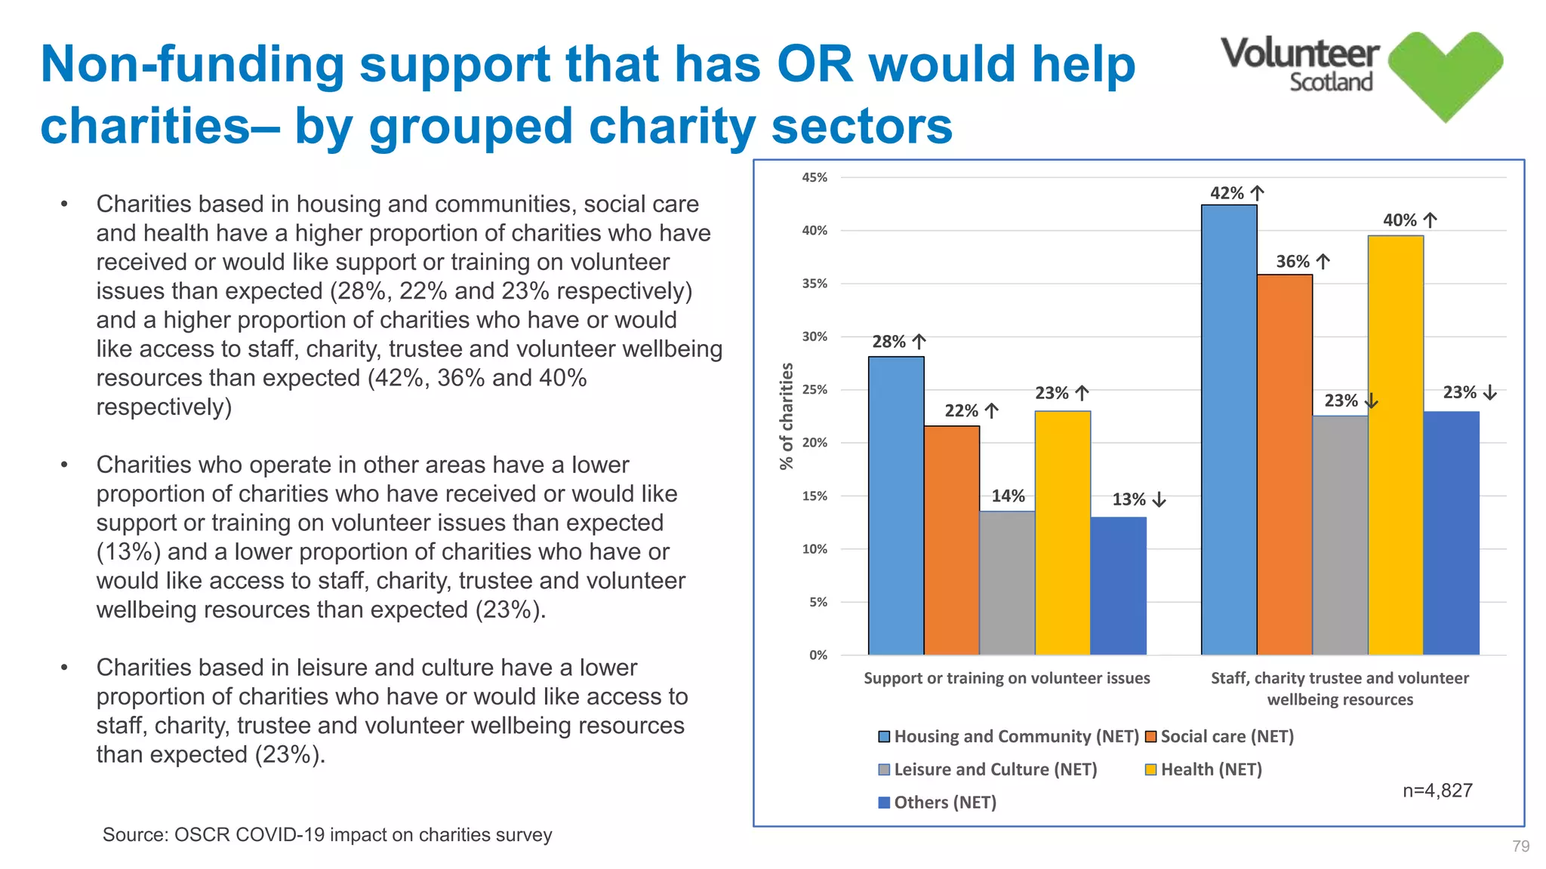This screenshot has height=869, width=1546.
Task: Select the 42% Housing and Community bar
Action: pos(1229,430)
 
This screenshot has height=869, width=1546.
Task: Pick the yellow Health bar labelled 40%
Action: pos(1396,445)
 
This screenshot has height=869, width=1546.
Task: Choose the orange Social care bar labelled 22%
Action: pos(952,540)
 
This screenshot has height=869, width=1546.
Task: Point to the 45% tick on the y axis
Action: pos(815,178)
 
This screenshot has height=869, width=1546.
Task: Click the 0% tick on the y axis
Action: pos(818,655)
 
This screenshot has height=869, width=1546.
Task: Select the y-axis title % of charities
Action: pos(787,416)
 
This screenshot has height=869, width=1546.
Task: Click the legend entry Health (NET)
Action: pos(1211,769)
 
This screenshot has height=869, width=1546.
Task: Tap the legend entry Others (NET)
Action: pos(944,803)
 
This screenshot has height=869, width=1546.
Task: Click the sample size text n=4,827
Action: pos(1437,791)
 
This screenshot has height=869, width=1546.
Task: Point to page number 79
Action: pos(1520,846)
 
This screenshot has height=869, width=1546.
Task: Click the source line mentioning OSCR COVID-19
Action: pos(327,835)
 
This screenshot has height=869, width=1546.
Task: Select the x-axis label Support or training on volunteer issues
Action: pos(1006,678)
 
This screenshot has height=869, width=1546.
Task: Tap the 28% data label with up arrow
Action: pos(898,342)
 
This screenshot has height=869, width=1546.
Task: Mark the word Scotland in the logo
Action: pos(1330,82)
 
